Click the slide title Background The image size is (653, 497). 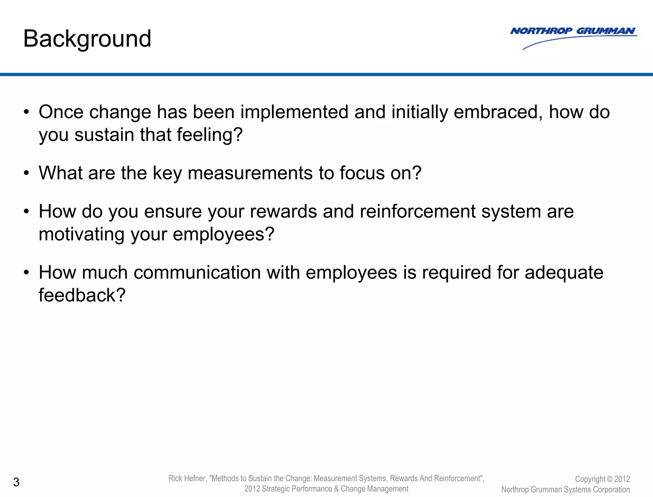tap(87, 39)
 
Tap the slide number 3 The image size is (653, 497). tap(16, 482)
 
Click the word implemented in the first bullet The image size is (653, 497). tap(294, 112)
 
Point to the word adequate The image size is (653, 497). tap(564, 273)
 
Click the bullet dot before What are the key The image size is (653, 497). tap(26, 173)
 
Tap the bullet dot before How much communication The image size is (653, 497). tap(26, 273)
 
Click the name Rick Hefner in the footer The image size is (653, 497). tap(187, 478)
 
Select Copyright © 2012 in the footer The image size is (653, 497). tap(602, 479)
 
